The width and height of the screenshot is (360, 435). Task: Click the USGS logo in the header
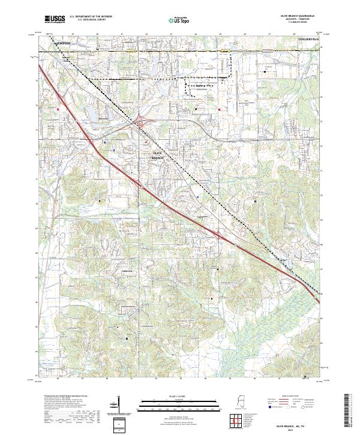click(x=55, y=19)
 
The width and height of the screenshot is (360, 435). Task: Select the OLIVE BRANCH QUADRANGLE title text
click(x=294, y=16)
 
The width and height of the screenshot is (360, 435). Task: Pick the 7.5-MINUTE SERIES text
click(x=294, y=23)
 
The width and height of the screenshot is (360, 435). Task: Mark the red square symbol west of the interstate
click(x=58, y=109)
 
